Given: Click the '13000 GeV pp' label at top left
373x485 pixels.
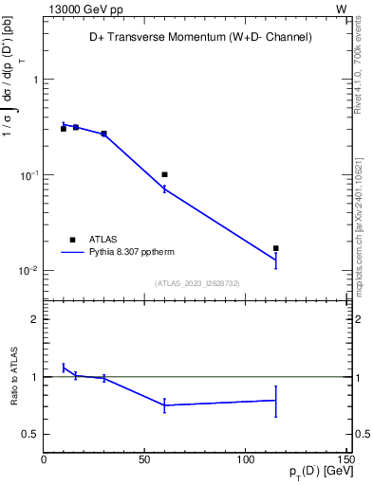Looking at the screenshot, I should (83, 9).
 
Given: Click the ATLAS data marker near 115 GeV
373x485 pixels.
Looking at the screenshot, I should (275, 248).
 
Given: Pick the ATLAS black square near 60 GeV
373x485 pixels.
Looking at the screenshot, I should (164, 174).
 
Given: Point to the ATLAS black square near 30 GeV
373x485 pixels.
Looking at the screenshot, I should (103, 134).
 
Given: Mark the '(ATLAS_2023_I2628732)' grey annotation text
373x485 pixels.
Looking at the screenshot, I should (196, 282).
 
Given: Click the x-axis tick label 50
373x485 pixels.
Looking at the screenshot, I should (144, 460).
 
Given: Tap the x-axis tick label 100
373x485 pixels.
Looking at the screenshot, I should (245, 460).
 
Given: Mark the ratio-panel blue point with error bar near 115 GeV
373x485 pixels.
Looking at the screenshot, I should (275, 400).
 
